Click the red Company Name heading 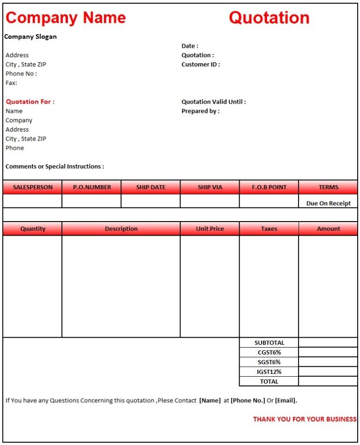[x=66, y=18]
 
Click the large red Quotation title [x=269, y=18]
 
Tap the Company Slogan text [x=30, y=37]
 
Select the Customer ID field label [x=201, y=65]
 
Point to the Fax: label [x=11, y=83]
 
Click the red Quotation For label [x=30, y=102]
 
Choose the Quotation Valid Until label [x=213, y=102]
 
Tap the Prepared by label [x=200, y=111]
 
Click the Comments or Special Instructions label [x=55, y=166]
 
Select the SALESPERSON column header [x=32, y=187]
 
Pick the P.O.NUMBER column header [x=92, y=187]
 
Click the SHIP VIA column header [x=210, y=187]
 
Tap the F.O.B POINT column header [x=269, y=187]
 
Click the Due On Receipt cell [x=328, y=204]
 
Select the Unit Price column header [x=210, y=229]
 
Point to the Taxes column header [x=269, y=229]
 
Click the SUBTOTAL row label [x=269, y=343]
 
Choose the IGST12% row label [x=269, y=372]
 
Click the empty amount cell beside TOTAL [x=328, y=381]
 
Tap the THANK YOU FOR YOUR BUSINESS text [x=305, y=419]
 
